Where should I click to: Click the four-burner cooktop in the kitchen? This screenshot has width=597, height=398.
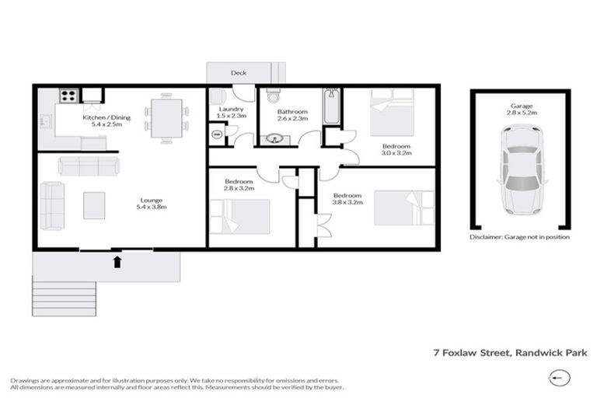[68, 97]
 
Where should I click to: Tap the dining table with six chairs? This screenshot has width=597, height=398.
[167, 118]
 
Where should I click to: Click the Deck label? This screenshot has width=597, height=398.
[239, 74]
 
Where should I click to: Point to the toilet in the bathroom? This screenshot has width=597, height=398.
[273, 97]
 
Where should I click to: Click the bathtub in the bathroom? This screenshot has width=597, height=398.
[332, 108]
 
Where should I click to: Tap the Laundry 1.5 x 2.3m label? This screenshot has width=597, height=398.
[231, 113]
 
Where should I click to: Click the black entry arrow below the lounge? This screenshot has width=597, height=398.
[117, 261]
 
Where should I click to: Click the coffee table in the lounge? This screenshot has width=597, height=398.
[95, 204]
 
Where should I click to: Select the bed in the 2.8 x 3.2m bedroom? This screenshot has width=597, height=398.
[241, 215]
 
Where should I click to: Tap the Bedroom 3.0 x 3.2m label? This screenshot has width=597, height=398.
[396, 149]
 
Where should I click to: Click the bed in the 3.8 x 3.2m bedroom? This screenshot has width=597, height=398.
[404, 208]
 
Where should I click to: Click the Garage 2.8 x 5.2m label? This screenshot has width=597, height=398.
[521, 110]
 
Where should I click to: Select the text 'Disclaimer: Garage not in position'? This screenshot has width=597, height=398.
[520, 236]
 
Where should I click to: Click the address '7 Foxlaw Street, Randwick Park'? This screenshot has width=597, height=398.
[510, 352]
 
